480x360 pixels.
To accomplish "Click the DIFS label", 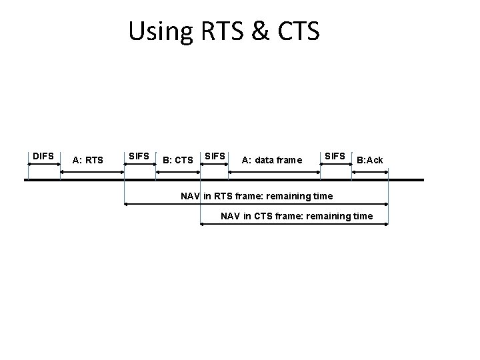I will [43, 156].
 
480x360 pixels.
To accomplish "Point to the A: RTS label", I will [88, 160].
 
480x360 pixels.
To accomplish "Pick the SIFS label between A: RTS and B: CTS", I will [139, 156].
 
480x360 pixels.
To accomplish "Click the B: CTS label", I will [178, 160].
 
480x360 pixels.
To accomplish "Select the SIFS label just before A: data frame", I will [214, 156].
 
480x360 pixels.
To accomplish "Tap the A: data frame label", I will [271, 160].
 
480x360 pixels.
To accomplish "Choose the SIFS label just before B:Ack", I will [335, 156].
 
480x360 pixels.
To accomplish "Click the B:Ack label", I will [369, 160].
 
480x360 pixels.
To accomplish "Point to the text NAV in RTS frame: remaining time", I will [257, 196].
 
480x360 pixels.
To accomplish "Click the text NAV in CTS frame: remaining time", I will [297, 216].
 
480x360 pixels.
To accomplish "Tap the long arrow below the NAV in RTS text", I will [257, 204].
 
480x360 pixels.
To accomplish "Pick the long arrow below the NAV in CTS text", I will [295, 225].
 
